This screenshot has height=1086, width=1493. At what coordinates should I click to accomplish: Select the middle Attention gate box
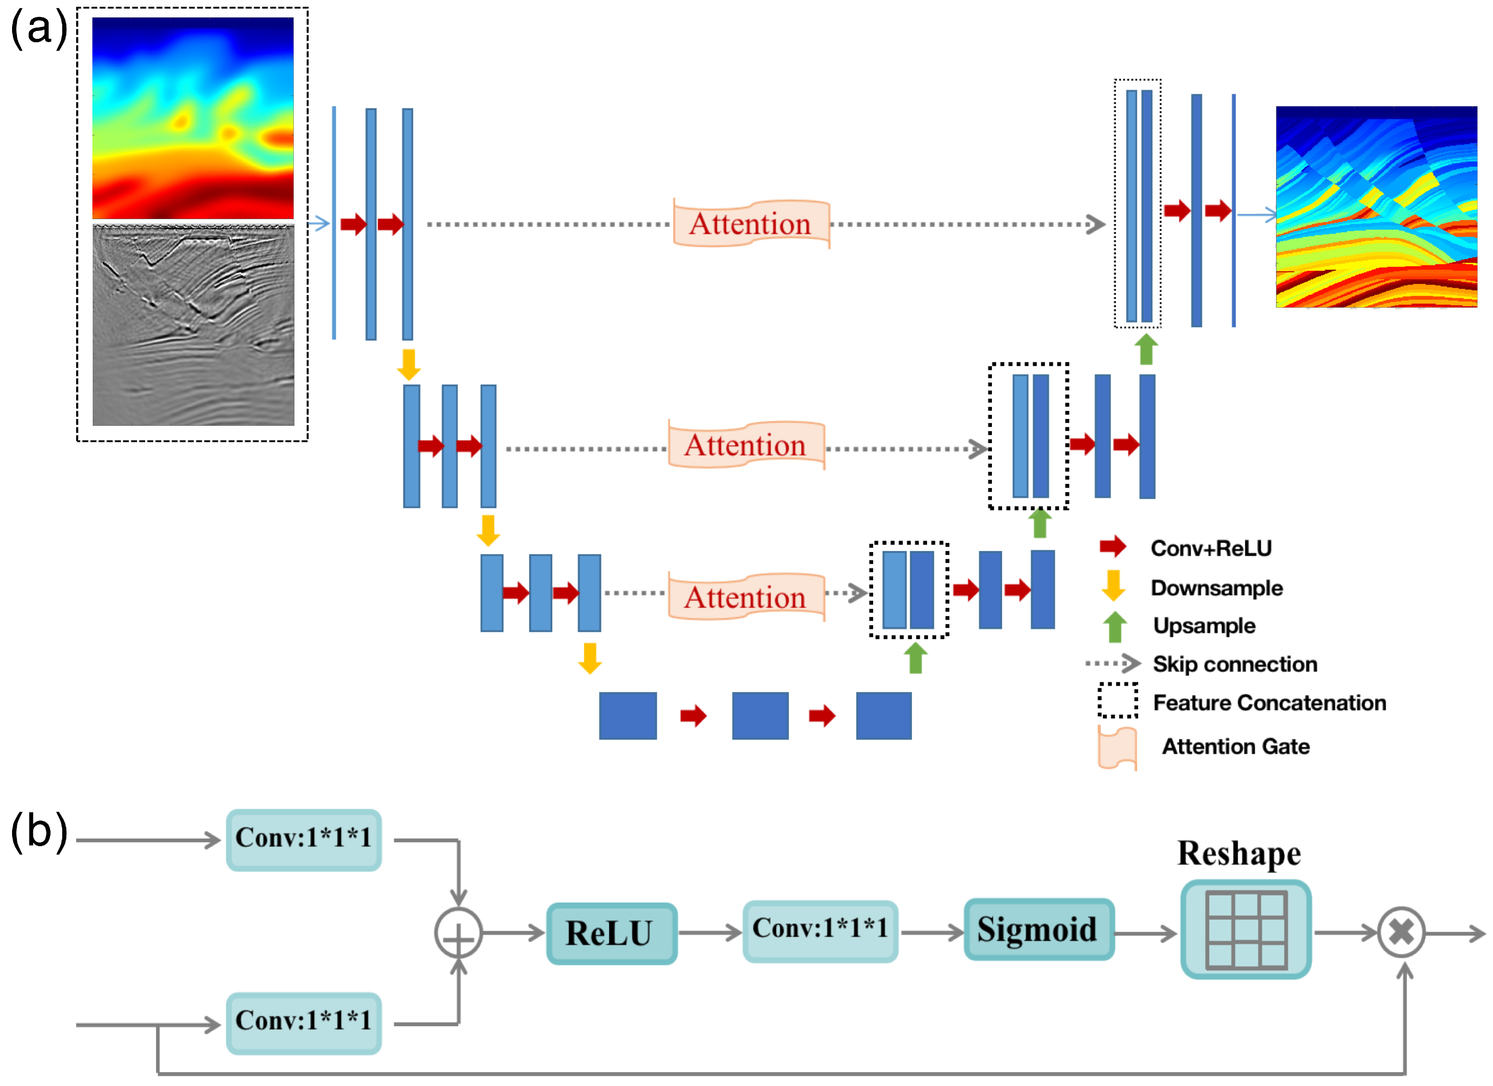[746, 445]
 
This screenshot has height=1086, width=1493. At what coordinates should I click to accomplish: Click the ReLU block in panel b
[611, 933]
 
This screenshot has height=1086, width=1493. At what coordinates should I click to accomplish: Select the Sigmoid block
[1038, 929]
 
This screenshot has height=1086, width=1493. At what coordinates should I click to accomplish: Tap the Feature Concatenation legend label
[1269, 703]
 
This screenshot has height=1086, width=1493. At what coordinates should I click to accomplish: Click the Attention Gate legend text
[1235, 746]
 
